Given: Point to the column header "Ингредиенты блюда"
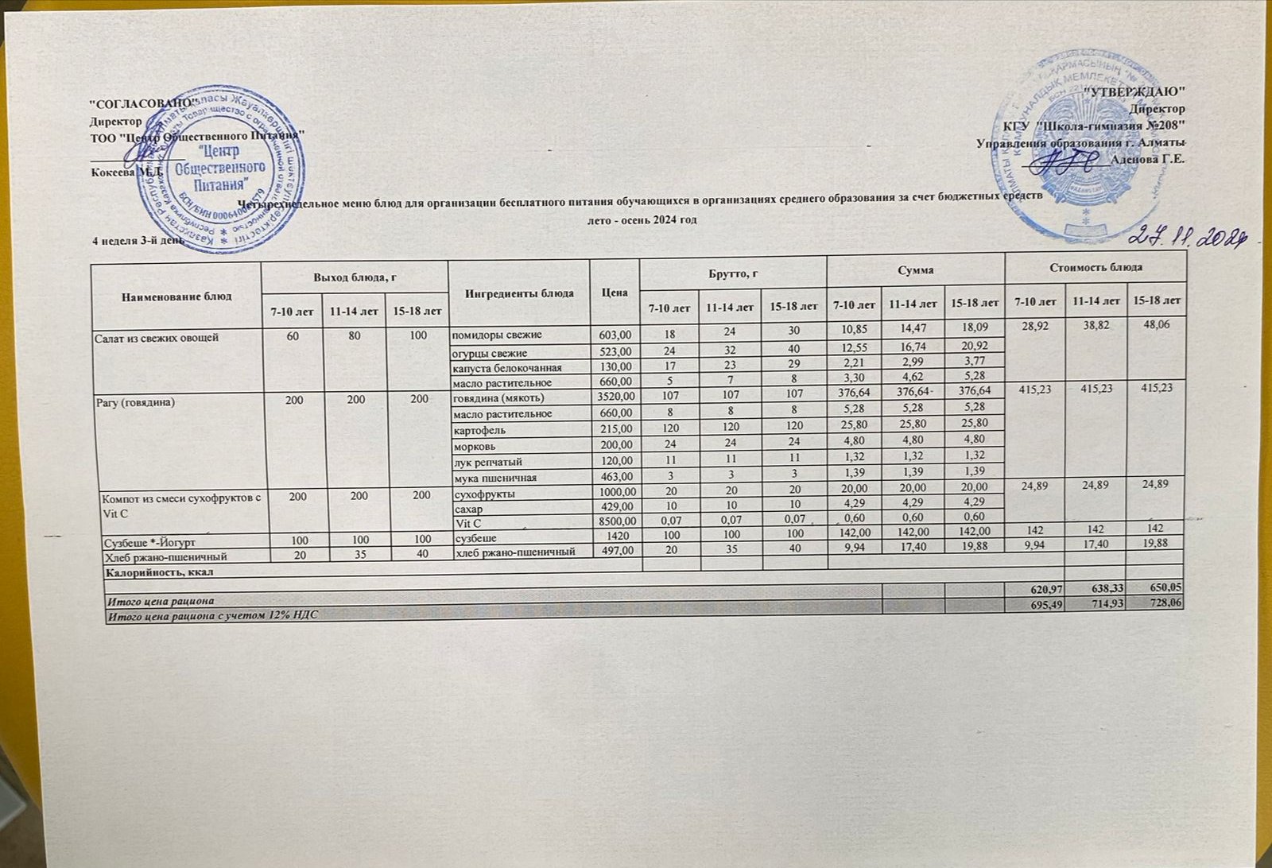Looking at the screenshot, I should pyautogui.click(x=519, y=293).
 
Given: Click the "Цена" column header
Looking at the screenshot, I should pyautogui.click(x=615, y=293).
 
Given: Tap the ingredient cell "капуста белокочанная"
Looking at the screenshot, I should pyautogui.click(x=506, y=368).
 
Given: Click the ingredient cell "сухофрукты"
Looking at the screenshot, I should pyautogui.click(x=483, y=494).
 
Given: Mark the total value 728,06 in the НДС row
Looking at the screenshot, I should pyautogui.click(x=1157, y=604).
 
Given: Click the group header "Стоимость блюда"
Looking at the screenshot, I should pyautogui.click(x=1096, y=268).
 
